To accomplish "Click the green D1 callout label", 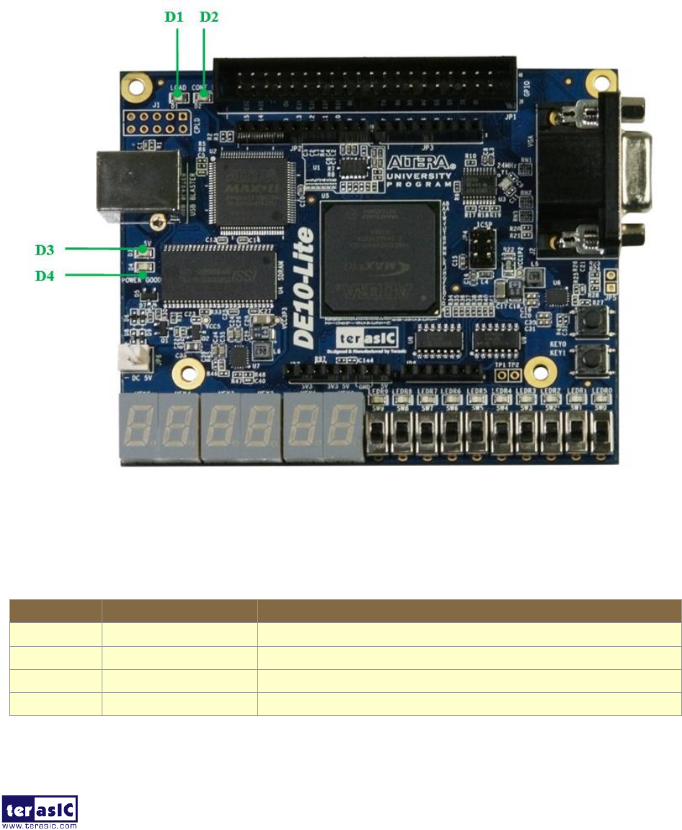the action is (x=174, y=17).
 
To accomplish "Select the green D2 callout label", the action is (x=208, y=17).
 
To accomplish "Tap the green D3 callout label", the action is (x=45, y=250).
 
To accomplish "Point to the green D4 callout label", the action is (x=45, y=275).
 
